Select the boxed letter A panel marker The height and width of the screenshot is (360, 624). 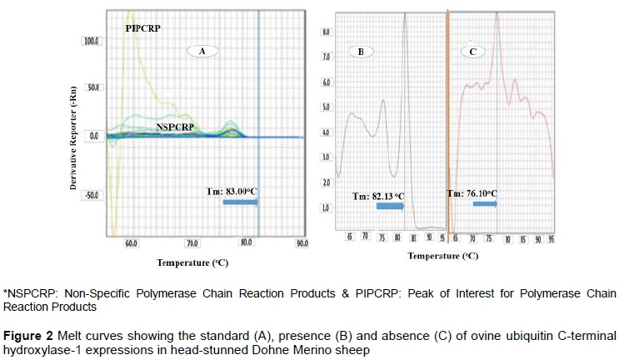coord(201,51)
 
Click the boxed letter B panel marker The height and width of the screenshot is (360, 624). coord(361,51)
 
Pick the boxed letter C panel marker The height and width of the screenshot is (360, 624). coord(472,51)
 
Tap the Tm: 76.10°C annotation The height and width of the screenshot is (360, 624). coord(472,193)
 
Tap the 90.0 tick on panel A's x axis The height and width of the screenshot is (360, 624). coord(302,242)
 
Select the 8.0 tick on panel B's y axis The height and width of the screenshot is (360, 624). coord(327,32)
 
